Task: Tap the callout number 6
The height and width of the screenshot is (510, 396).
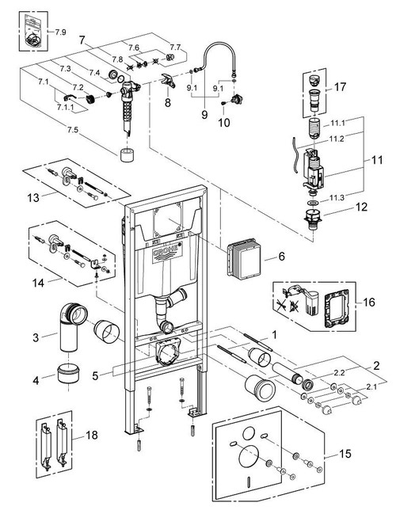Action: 280,259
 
